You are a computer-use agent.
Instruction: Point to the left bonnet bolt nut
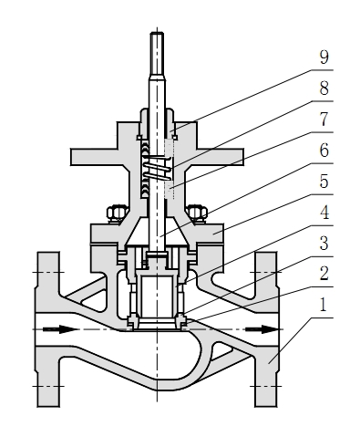pos(116,214)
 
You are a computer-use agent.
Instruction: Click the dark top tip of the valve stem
pos(157,45)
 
